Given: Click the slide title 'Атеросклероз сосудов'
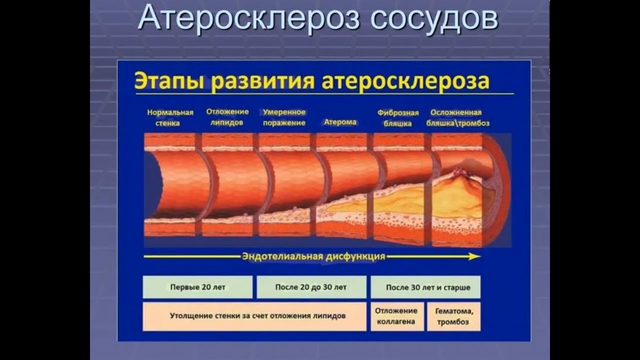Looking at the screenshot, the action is (x=318, y=19).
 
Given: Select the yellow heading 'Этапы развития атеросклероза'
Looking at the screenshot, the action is (x=311, y=81).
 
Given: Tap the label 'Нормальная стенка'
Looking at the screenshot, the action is (x=170, y=117).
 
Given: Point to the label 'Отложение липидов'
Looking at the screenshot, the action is (x=227, y=117).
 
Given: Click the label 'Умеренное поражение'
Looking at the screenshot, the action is (x=284, y=117).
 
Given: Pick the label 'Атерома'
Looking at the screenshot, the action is (x=340, y=122).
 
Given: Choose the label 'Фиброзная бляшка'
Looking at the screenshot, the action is (x=398, y=118).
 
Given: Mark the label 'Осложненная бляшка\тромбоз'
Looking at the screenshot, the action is (x=457, y=117).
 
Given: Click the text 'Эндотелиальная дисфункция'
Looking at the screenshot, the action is (x=313, y=256).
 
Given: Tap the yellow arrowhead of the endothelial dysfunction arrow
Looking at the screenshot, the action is (x=475, y=256).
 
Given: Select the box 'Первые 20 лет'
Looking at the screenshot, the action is (x=197, y=287).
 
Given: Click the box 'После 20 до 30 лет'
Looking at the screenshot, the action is (x=311, y=287).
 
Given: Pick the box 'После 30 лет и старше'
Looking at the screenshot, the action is (x=425, y=287).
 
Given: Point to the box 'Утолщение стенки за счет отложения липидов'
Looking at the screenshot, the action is (x=254, y=316).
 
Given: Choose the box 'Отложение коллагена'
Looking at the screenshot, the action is (x=397, y=316).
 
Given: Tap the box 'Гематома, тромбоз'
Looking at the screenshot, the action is (x=453, y=316).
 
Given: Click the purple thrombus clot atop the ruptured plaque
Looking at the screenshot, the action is (x=459, y=172).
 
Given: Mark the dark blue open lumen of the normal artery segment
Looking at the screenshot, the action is (x=152, y=185).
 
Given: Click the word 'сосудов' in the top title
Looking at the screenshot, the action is (x=434, y=19).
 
